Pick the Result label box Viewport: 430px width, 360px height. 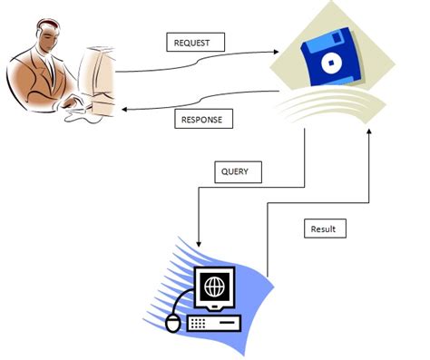(322, 229)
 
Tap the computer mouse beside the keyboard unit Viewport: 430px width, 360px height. (173, 321)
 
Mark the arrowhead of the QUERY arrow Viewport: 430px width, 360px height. (199, 243)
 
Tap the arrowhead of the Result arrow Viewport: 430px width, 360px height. (370, 132)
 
